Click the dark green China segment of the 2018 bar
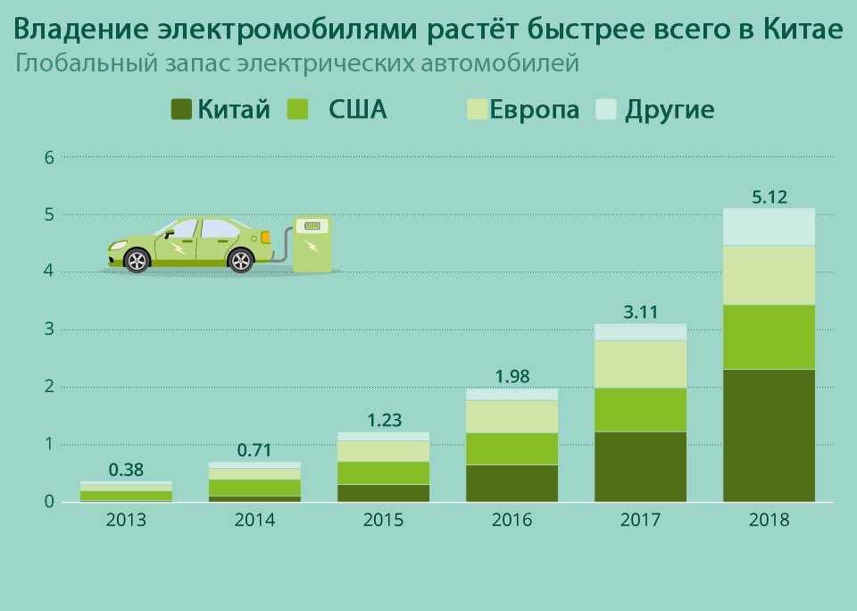pyautogui.click(x=769, y=435)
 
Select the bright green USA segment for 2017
pyautogui.click(x=641, y=410)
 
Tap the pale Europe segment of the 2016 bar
pyautogui.click(x=512, y=417)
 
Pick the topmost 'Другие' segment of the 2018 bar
pyautogui.click(x=769, y=227)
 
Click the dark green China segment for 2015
pyautogui.click(x=384, y=493)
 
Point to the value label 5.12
pyautogui.click(x=770, y=197)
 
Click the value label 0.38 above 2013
pyautogui.click(x=126, y=469)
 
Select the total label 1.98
pyautogui.click(x=512, y=376)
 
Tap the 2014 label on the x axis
pyautogui.click(x=254, y=520)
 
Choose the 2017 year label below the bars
pyautogui.click(x=641, y=520)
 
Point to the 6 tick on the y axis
pyautogui.click(x=50, y=157)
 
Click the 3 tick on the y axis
pyautogui.click(x=50, y=330)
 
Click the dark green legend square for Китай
pyautogui.click(x=181, y=109)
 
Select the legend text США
pyautogui.click(x=357, y=109)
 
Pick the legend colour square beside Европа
pyautogui.click(x=477, y=109)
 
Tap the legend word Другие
pyautogui.click(x=670, y=109)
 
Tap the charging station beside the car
pyautogui.click(x=312, y=244)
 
